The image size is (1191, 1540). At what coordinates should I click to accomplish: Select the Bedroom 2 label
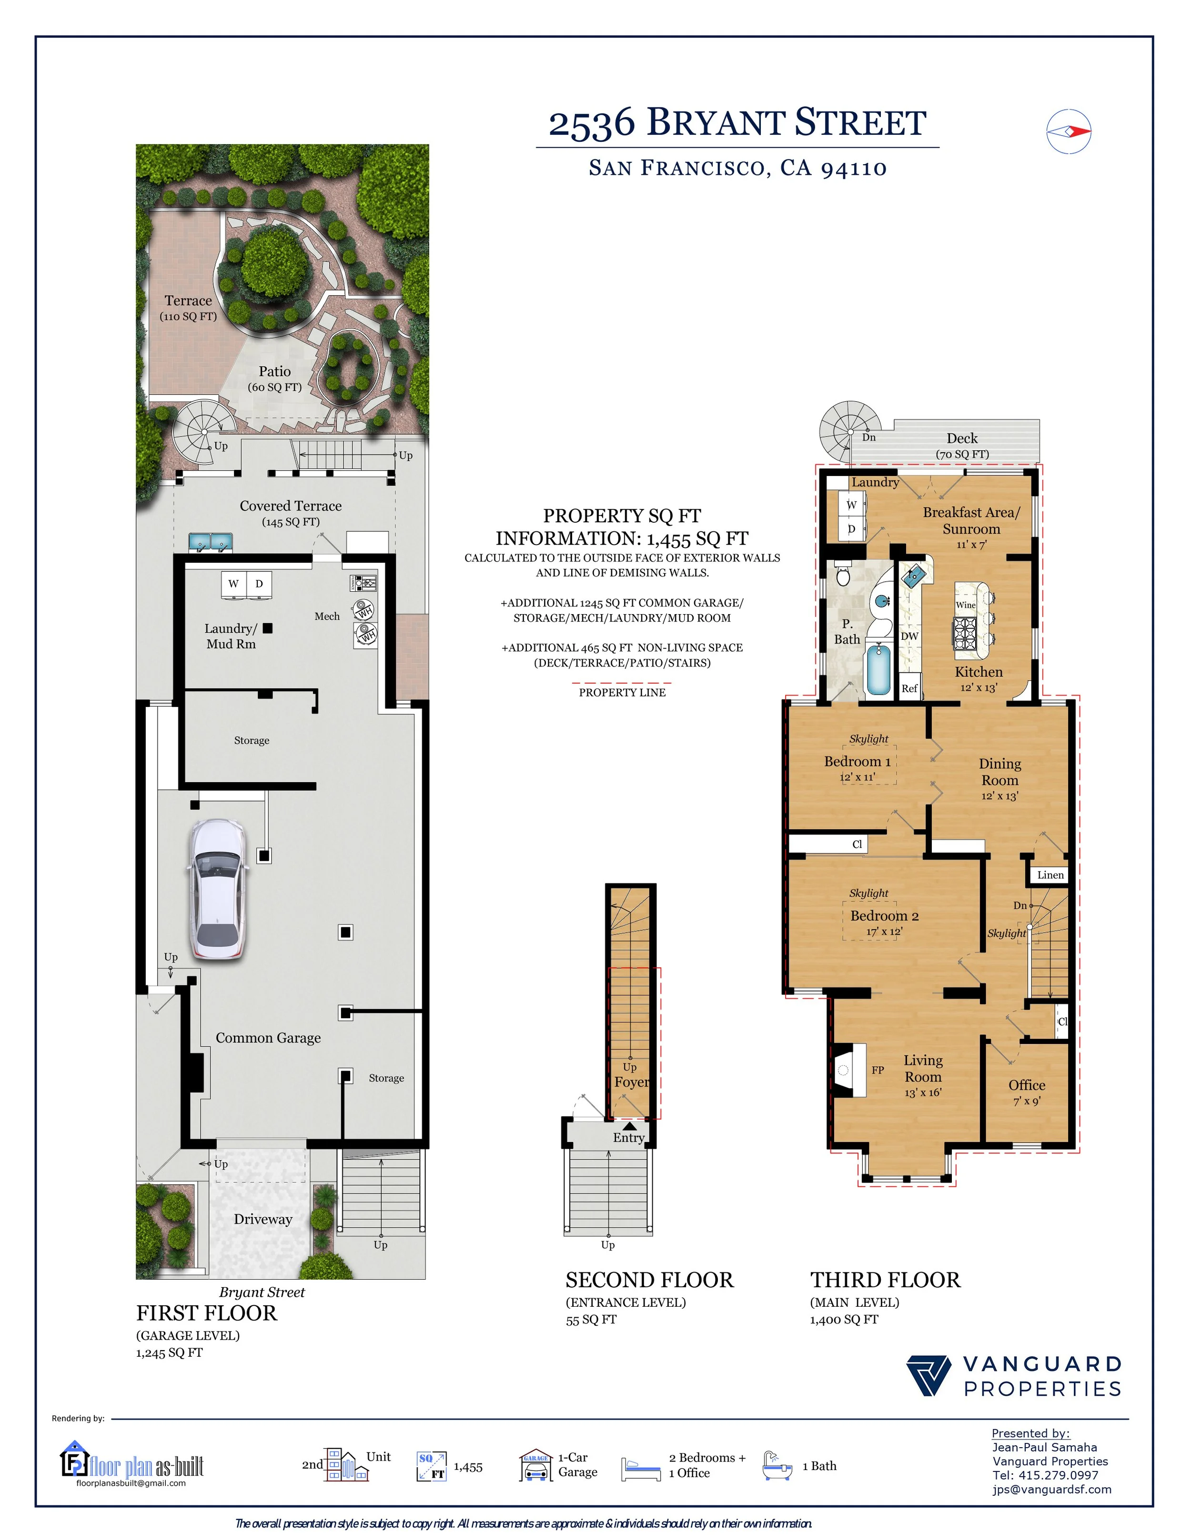tap(884, 916)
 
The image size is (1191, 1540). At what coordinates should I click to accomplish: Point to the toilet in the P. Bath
tap(842, 576)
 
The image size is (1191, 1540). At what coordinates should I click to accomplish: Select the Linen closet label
tap(1050, 875)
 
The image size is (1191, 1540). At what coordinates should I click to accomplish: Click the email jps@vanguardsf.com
tap(1051, 1489)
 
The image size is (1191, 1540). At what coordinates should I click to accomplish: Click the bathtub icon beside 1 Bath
tap(777, 1465)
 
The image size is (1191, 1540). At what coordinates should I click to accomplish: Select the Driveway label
tap(263, 1219)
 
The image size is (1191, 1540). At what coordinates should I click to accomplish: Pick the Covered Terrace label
tap(291, 506)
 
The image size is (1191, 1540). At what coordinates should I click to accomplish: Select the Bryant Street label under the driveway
tap(262, 1292)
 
